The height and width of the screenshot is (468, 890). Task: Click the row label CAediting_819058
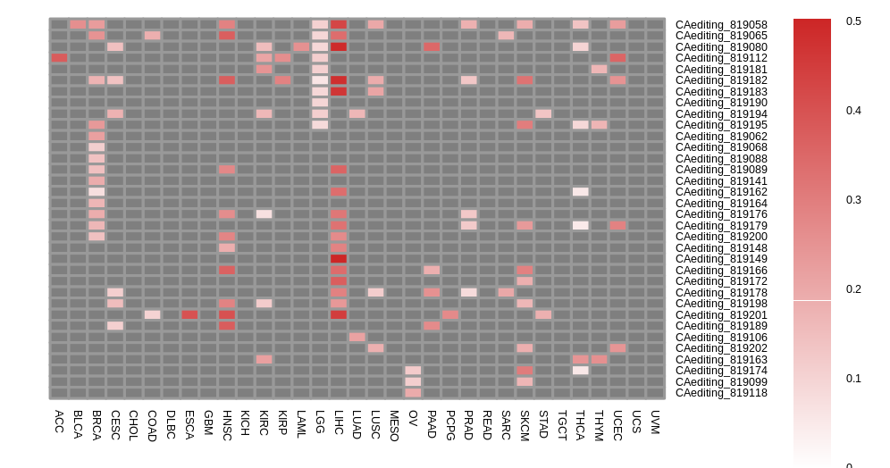720,25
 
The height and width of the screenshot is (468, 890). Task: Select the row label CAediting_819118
720,393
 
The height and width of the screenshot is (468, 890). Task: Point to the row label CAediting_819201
720,314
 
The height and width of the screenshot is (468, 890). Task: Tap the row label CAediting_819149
720,259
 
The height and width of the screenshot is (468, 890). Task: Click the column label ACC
59,422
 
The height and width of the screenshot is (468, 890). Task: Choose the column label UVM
655,422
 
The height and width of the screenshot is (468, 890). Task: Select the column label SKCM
525,425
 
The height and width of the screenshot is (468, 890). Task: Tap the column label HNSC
227,425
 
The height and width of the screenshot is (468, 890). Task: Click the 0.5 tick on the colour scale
853,21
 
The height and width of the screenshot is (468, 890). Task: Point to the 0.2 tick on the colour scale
853,289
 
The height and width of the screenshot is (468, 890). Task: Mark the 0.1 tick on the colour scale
853,379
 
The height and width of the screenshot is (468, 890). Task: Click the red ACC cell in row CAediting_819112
59,58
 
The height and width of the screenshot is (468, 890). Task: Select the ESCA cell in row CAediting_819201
189,314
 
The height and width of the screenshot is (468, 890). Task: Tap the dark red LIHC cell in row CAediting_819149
339,259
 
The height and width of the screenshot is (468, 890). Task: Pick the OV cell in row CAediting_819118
413,393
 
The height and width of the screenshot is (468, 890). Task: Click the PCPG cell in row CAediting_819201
450,314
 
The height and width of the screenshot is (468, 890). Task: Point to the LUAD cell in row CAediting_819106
357,337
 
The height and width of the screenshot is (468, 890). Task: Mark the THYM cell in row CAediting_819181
599,69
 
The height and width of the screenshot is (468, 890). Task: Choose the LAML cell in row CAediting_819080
301,46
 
